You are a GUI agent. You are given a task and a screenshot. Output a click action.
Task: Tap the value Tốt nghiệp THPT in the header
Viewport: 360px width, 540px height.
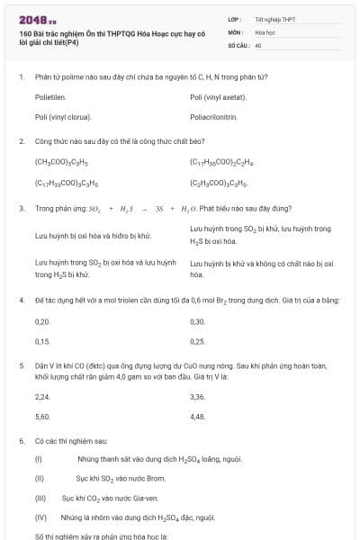274,19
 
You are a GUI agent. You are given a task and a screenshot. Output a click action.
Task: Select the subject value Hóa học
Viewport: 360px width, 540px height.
265,31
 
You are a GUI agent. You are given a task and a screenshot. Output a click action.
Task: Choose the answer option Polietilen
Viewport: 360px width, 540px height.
50,97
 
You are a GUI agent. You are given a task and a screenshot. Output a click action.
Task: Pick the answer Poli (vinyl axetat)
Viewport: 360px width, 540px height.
219,97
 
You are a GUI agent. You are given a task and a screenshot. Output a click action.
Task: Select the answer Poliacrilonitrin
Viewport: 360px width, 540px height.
214,117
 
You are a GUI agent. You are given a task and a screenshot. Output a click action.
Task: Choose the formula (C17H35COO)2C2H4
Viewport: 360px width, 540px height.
222,163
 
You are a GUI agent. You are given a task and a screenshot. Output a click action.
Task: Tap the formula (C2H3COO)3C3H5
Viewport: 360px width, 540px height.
217,183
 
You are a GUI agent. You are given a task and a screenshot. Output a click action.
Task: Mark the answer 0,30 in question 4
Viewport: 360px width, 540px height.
198,321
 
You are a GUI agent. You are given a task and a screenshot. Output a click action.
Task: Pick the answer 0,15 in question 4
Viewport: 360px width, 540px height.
42,341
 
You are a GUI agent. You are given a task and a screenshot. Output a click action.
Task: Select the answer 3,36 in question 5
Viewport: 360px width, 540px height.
198,397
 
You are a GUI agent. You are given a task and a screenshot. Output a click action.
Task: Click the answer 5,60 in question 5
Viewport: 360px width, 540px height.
42,417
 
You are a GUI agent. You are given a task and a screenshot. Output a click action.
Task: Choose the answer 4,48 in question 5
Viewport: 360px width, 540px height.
198,417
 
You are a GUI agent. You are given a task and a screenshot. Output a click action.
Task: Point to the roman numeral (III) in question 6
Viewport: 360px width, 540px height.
40,497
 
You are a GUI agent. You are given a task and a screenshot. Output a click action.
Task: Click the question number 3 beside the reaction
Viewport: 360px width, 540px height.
21,208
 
